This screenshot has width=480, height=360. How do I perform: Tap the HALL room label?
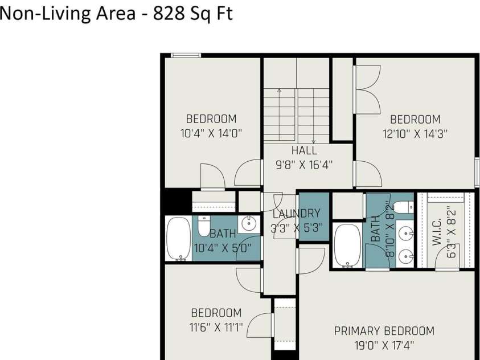click(x=304, y=150)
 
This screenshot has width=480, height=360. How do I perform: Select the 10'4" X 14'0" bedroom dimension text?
click(x=211, y=133)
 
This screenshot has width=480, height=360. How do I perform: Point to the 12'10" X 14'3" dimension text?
click(x=415, y=134)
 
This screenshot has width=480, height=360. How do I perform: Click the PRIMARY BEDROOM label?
click(x=384, y=331)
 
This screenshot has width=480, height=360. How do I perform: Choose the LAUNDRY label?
click(x=297, y=214)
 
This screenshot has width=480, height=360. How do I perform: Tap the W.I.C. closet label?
click(x=437, y=232)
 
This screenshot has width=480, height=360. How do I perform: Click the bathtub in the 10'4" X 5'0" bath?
click(x=178, y=239)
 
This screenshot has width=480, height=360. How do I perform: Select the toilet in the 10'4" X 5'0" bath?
click(x=204, y=226)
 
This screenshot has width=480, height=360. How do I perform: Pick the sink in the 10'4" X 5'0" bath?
click(x=249, y=224)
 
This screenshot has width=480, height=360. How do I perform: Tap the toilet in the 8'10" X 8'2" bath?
click(x=403, y=207)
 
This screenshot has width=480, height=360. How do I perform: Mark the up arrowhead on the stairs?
click(x=279, y=91)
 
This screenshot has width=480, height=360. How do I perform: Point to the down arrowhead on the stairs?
click(x=314, y=141)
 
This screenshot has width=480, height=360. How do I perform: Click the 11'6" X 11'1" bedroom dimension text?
click(x=216, y=328)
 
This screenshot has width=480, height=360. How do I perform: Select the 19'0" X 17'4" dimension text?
click(x=384, y=346)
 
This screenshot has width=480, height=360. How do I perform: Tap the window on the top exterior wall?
click(x=186, y=55)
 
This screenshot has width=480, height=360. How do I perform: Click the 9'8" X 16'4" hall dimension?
click(x=304, y=165)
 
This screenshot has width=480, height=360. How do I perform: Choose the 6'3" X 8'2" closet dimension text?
click(x=451, y=234)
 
